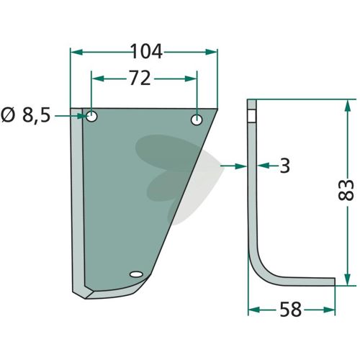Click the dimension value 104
[x=147, y=52]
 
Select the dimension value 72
[x=140, y=78]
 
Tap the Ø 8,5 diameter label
[x=26, y=115]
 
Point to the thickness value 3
[x=285, y=166]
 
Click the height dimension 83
[x=346, y=189]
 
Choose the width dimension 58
[x=290, y=310]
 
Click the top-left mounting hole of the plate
[x=91, y=117]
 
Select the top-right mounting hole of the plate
[x=197, y=120]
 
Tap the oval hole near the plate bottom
[x=136, y=274]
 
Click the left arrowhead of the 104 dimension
[x=77, y=52]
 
